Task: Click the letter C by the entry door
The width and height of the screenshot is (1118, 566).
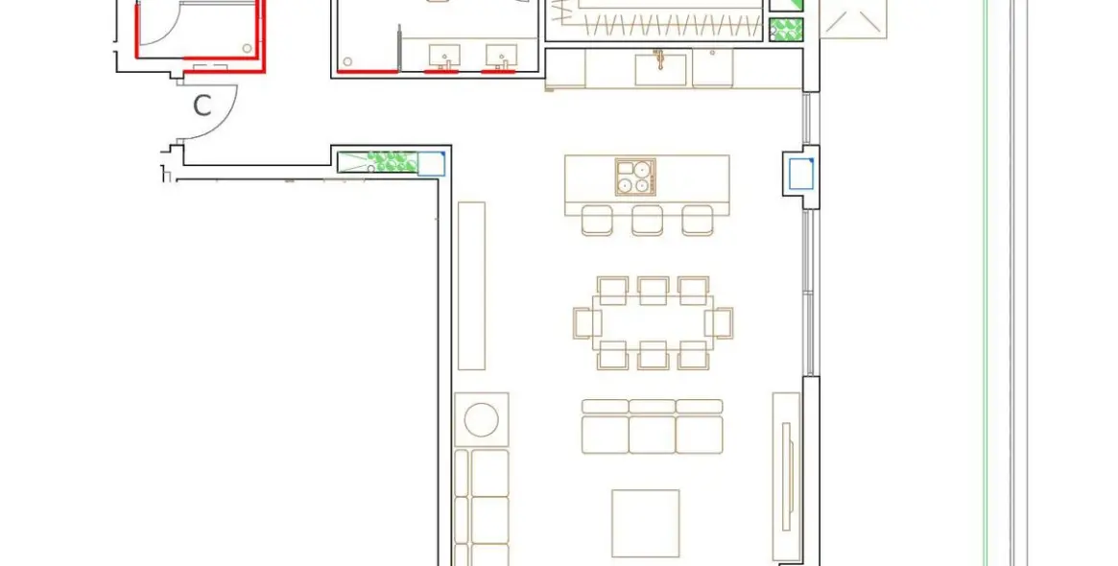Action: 202,106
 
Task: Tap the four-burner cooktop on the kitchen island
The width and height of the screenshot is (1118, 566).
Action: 634,177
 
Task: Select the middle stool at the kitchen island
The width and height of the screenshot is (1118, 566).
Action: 648,220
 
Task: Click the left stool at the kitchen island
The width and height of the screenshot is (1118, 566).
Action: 597,220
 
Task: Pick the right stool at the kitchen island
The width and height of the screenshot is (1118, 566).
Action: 698,220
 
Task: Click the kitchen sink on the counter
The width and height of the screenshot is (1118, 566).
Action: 660,70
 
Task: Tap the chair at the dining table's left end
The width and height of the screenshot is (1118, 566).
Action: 586,322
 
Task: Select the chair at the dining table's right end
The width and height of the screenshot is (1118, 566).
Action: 720,322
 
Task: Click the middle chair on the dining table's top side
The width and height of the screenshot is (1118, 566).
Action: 653,289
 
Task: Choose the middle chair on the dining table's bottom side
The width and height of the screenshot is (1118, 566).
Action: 653,356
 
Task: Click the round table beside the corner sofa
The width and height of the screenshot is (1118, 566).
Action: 481,419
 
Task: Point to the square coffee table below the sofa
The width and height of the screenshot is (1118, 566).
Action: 645,523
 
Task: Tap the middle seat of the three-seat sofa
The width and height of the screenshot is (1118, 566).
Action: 652,428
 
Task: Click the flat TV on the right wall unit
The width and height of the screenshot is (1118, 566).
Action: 786,476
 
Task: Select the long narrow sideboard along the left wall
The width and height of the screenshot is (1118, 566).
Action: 471,285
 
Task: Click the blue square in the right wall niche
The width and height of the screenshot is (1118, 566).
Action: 800,175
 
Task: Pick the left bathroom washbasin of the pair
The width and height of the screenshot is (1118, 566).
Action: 443,56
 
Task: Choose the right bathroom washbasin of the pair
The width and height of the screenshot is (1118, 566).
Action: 500,56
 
